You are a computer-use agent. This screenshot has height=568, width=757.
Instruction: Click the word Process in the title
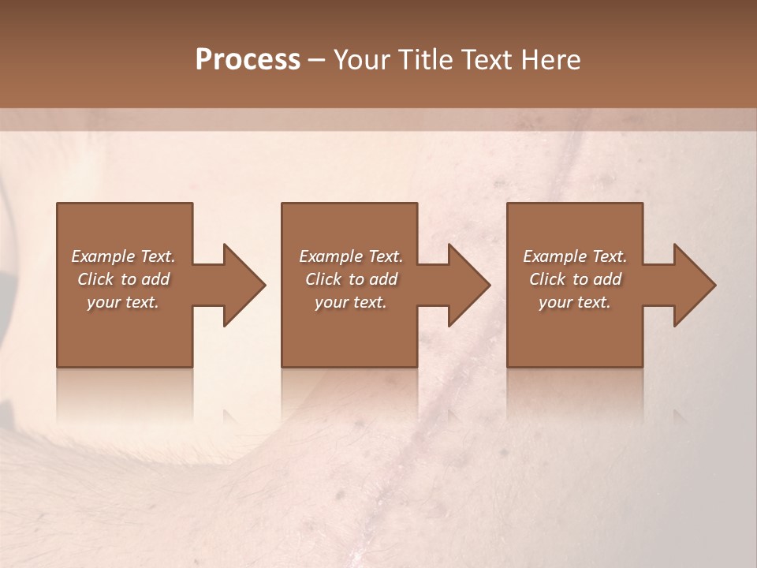248,60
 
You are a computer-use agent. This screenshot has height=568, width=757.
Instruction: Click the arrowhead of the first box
244,285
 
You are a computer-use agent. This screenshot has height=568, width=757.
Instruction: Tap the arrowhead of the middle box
468,285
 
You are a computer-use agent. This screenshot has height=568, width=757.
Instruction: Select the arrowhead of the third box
694,285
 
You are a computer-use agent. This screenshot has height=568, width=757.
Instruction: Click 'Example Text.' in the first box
123,256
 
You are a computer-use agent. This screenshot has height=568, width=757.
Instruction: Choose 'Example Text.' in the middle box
351,256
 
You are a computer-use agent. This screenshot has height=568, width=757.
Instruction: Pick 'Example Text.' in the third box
575,256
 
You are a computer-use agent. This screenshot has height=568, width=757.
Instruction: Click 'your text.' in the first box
123,302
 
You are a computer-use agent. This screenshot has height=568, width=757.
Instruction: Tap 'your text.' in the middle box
351,302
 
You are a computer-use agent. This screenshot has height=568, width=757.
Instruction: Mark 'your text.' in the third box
575,302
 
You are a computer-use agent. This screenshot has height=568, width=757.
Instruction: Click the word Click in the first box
95,279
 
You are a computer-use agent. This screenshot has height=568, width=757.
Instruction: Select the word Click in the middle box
323,279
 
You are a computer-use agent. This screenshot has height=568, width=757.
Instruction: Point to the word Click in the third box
547,279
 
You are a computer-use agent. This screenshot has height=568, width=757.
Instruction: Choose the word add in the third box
608,279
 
